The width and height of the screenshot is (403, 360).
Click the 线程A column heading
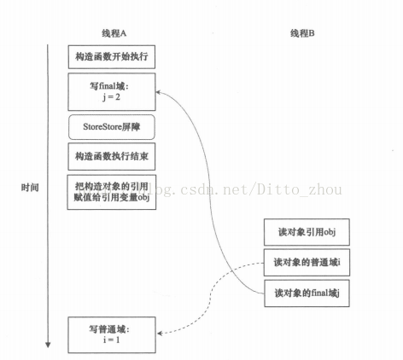coord(114,32)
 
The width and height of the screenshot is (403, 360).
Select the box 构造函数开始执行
coord(113,57)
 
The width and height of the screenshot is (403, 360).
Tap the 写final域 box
coord(113,89)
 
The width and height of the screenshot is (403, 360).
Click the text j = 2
coord(113,96)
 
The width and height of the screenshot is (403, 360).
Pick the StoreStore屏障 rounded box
coord(113,127)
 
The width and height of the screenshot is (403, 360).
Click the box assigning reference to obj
coord(113,192)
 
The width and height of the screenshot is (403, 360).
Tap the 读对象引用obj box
coord(306,231)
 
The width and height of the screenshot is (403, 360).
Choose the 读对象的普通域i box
coord(306,261)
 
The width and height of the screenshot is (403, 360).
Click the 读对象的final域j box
coord(306,293)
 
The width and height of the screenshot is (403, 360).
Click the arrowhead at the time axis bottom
coord(47,344)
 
